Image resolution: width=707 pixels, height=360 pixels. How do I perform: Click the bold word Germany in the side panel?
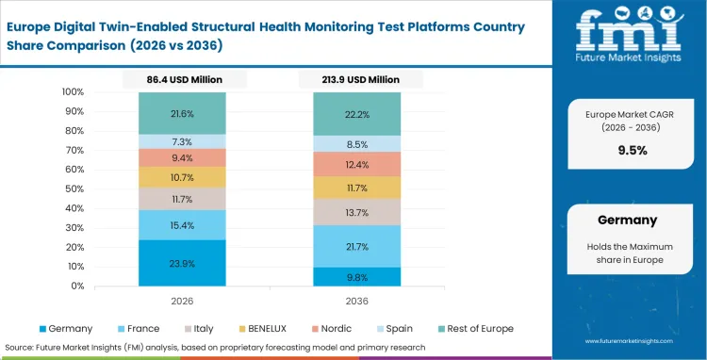pyautogui.click(x=627, y=220)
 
